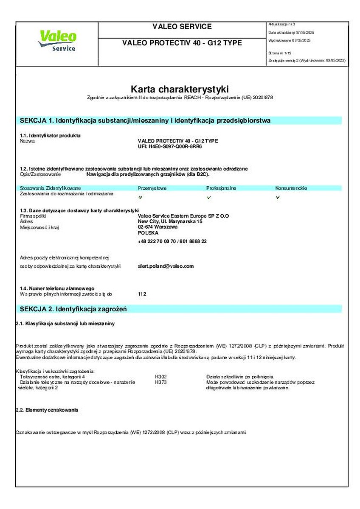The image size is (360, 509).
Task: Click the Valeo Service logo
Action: click(56, 41)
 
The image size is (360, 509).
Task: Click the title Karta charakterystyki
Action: click(180, 89)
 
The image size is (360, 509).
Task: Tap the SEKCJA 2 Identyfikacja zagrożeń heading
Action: click(73, 309)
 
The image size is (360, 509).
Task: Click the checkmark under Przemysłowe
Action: click(141, 197)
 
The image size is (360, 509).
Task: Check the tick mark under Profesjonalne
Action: click(208, 197)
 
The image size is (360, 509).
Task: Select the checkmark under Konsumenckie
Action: click(278, 197)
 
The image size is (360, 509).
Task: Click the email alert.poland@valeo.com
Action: click(166, 266)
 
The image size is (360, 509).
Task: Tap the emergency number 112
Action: click(142, 294)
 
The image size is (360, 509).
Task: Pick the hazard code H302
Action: click(161, 376)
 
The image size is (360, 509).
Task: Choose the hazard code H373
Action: click(161, 382)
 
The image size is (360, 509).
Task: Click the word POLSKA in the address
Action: click(148, 233)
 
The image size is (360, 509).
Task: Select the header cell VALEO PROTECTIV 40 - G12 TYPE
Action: click(182, 43)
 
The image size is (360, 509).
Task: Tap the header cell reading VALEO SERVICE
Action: click(182, 27)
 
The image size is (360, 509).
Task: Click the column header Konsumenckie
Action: click(291, 188)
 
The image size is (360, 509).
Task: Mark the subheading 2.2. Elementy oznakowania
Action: click(47, 410)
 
